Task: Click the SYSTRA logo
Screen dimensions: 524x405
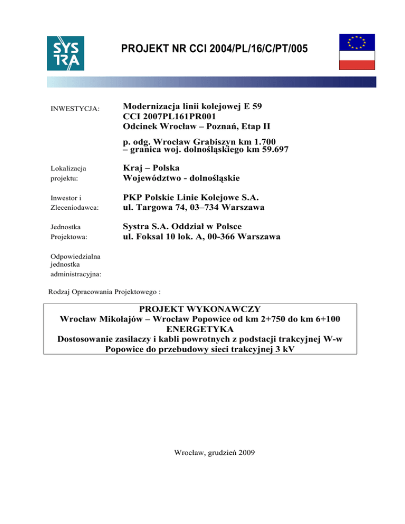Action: (x=65, y=53)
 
